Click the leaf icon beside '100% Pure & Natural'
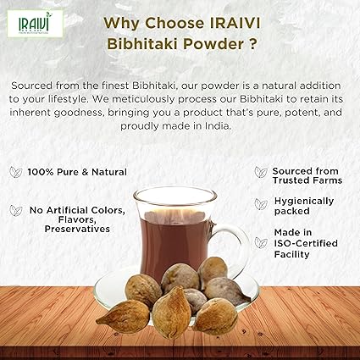click(x=15, y=172)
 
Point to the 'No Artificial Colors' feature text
click(x=75, y=209)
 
